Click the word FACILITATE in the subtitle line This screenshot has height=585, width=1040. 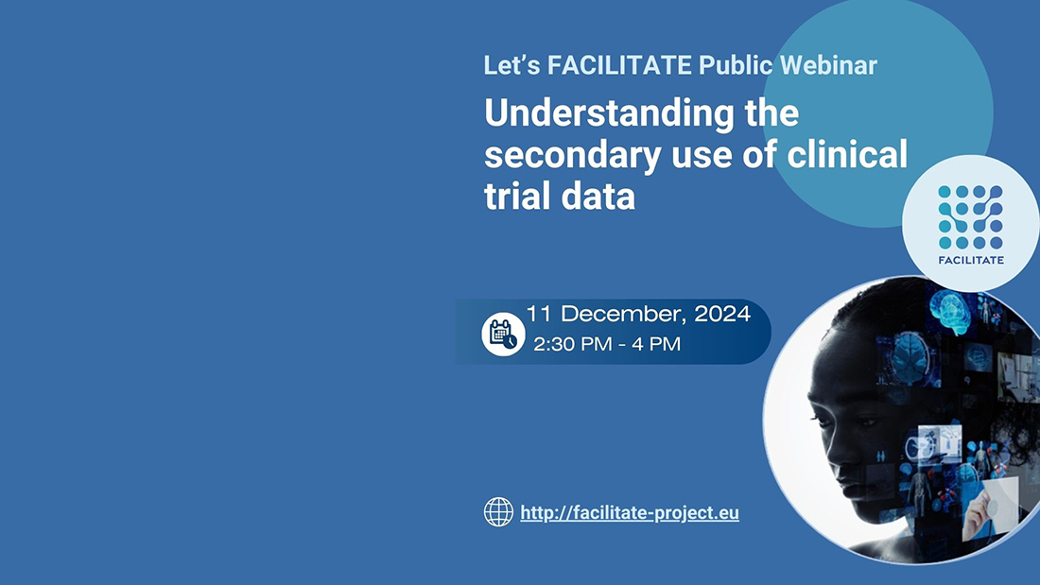619,65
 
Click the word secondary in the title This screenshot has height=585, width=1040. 572,156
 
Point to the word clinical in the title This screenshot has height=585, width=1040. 847,154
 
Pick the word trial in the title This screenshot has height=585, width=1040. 517,196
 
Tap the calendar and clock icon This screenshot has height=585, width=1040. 503,334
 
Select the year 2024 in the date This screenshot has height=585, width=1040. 722,314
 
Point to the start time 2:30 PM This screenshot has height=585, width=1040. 574,344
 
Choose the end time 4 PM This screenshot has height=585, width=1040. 656,344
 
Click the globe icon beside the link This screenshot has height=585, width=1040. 498,512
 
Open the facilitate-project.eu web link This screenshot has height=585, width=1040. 630,513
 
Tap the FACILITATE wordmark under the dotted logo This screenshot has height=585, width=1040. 971,260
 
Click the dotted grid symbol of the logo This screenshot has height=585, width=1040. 970,216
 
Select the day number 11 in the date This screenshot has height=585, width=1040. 540,314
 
